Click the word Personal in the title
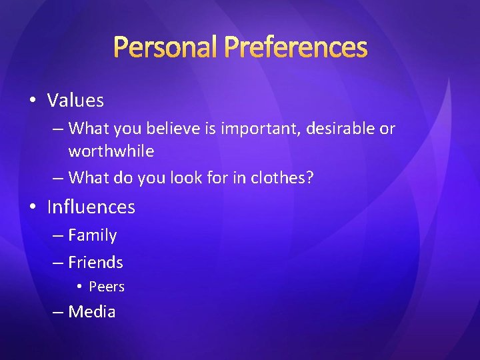(165, 47)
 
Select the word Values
(75, 101)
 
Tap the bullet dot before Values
(32, 101)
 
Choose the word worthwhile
(111, 151)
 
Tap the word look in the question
(177, 177)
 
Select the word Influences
(91, 207)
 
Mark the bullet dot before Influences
(32, 207)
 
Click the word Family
(92, 236)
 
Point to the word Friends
(95, 263)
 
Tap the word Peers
(107, 287)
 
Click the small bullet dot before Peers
(78, 287)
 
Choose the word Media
(92, 312)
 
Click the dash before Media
(59, 312)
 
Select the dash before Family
(59, 236)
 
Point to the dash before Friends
(59, 263)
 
